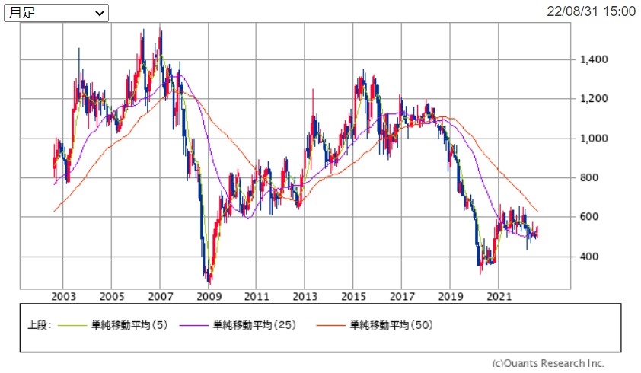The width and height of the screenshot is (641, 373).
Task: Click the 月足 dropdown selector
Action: coord(57,13)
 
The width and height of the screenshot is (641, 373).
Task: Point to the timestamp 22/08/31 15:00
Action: coord(591,11)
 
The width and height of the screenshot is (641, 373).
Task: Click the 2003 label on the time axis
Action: coord(63,296)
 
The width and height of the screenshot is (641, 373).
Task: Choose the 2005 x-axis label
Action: coord(112,296)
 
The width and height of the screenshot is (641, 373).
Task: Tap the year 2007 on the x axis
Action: coord(160,296)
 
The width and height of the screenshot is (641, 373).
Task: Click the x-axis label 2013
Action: coord(305,296)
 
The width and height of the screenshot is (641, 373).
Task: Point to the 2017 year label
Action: coord(401,296)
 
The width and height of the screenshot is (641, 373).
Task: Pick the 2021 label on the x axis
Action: coord(498,296)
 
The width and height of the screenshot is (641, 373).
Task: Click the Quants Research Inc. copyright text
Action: coord(548,363)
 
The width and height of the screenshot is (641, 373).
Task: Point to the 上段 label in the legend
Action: coord(38,325)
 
